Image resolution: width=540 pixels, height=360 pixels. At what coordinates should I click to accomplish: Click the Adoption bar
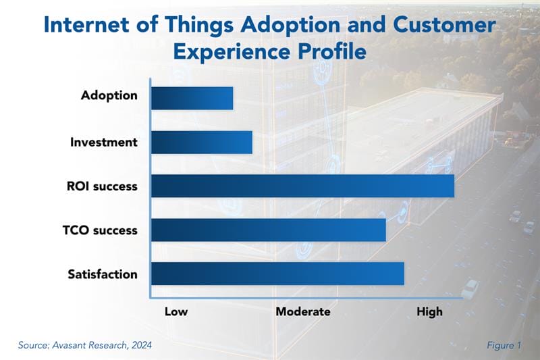click(192, 98)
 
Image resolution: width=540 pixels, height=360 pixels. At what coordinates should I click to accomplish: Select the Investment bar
click(201, 142)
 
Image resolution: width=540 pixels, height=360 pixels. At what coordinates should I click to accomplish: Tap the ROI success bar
click(302, 186)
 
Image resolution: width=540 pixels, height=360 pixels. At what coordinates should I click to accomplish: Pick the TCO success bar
click(268, 230)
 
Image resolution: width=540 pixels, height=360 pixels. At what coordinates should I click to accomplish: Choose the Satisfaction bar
click(277, 274)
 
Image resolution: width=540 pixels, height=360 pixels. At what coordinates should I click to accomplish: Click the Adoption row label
click(109, 96)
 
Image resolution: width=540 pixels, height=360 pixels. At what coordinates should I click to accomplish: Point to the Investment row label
click(104, 143)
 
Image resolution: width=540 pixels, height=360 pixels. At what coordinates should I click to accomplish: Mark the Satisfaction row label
click(103, 274)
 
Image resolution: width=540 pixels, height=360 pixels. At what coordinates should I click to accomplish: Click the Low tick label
click(176, 311)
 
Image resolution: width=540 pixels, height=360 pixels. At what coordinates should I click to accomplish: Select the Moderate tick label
click(303, 311)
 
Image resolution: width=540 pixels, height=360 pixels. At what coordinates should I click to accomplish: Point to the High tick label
click(429, 311)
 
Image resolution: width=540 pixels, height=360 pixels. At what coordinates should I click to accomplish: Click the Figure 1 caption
click(504, 345)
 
